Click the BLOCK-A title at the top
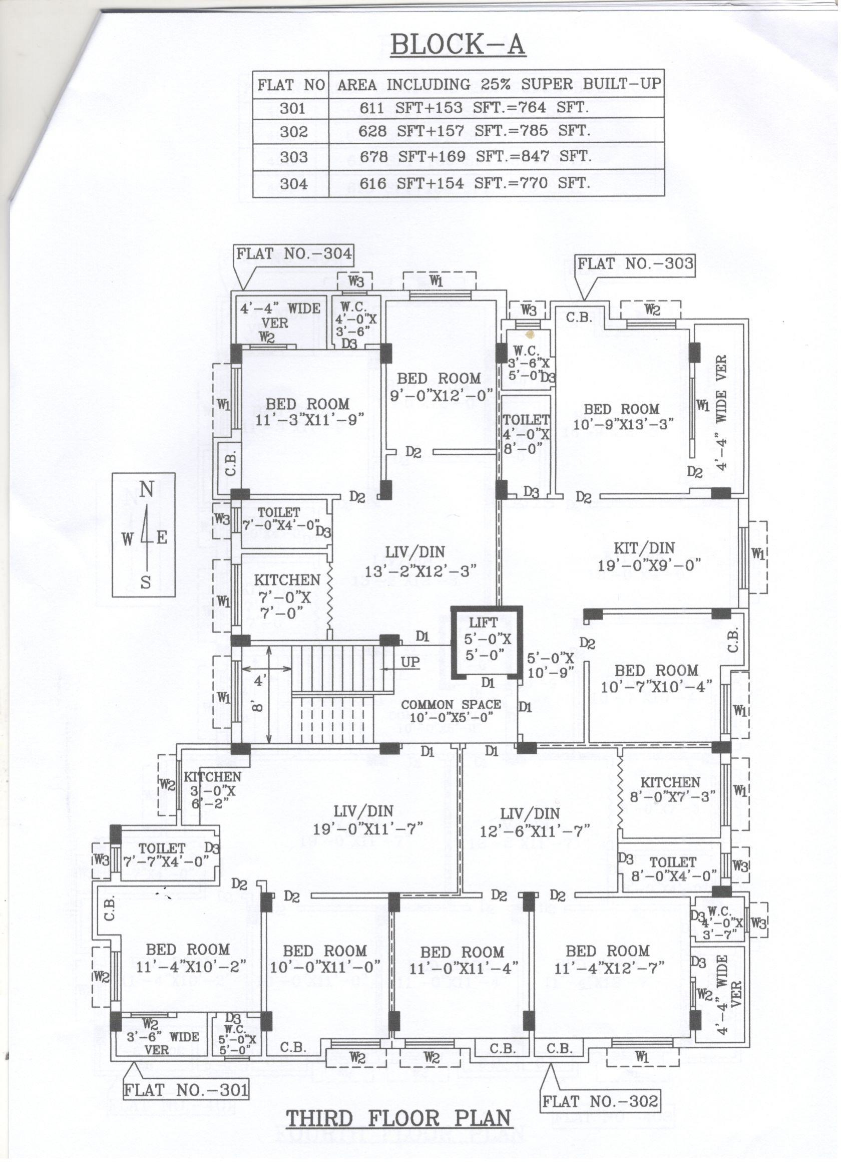pos(458,45)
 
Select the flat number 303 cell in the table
pos(294,157)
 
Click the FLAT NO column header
pos(291,85)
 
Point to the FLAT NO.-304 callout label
pos(294,253)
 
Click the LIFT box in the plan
pos(487,642)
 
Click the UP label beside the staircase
pos(410,662)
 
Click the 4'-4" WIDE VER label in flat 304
pos(280,316)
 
